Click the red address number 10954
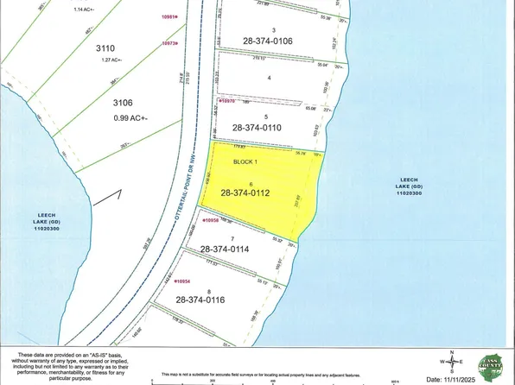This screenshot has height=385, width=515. (178, 281)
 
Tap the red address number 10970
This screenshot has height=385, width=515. (228, 102)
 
